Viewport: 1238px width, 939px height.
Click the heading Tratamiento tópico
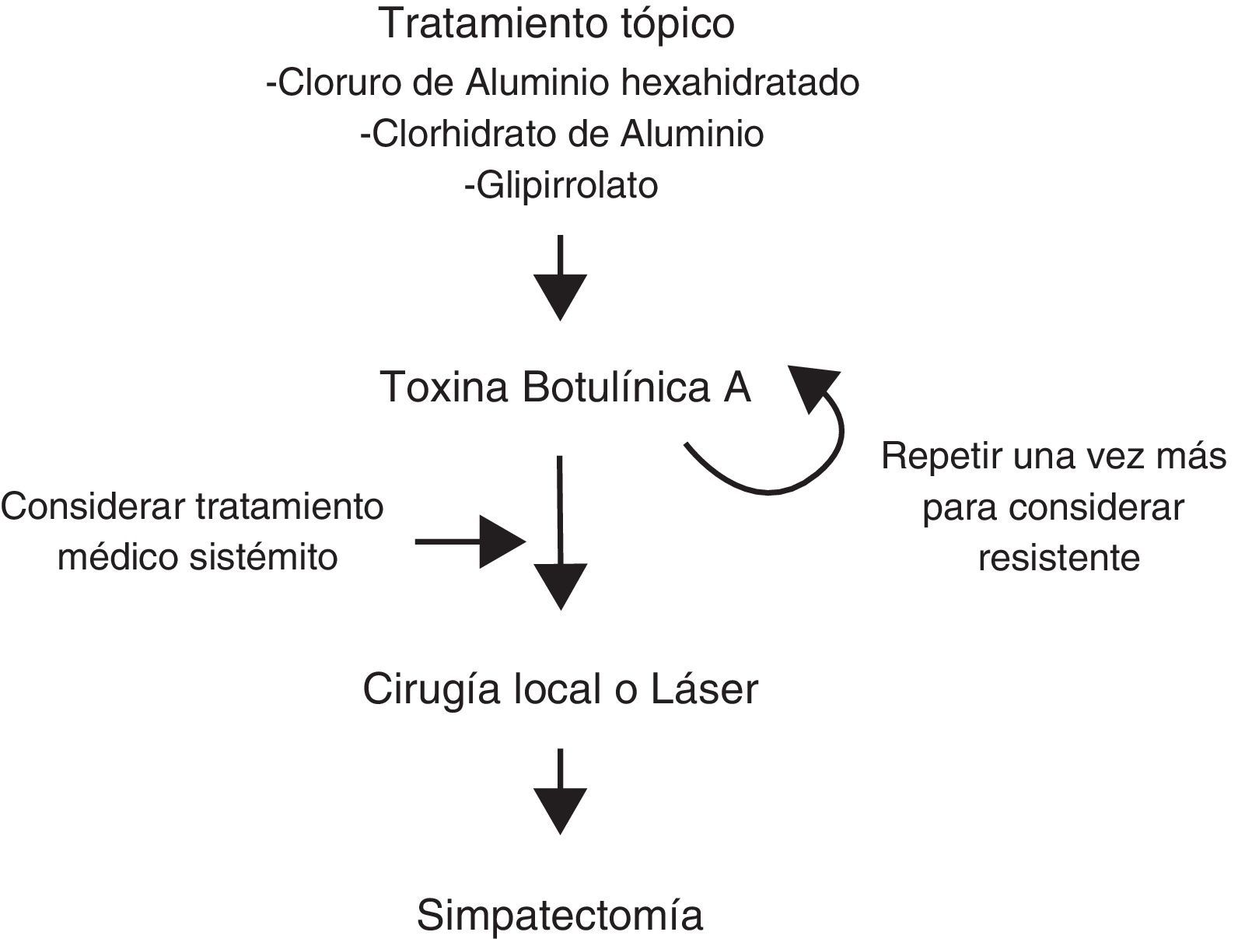(x=557, y=23)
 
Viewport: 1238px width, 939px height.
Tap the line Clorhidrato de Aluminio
(x=561, y=135)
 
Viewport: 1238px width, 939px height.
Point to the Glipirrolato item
(x=561, y=186)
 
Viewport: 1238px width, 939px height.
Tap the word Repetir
(x=940, y=457)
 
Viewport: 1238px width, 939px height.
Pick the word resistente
(x=1058, y=558)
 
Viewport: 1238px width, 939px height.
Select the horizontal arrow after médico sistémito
(x=470, y=541)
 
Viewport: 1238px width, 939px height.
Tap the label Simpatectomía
(x=560, y=916)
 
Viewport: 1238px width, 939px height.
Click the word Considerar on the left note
(x=95, y=507)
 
